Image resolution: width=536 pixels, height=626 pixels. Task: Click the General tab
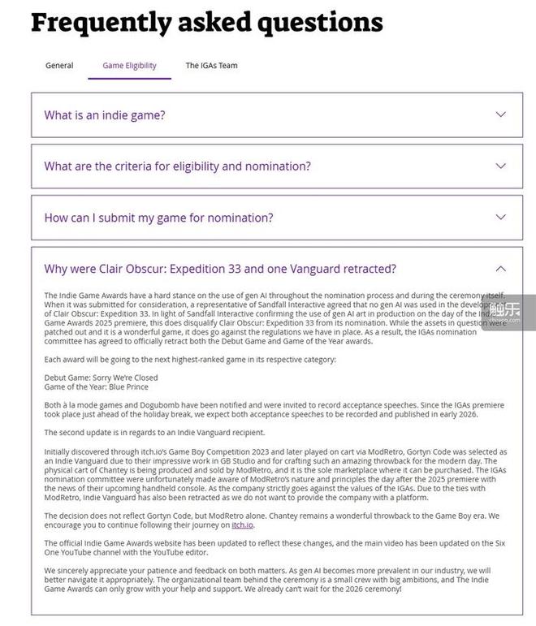[59, 66]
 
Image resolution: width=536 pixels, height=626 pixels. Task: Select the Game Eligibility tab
[130, 66]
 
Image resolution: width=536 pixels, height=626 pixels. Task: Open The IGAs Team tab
[211, 66]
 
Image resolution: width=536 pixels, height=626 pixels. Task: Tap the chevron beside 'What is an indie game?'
[500, 114]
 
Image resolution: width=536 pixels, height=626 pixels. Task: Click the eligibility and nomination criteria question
[177, 166]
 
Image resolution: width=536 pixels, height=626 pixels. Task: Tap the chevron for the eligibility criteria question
[500, 166]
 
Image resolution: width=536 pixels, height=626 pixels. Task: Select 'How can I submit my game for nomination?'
[158, 218]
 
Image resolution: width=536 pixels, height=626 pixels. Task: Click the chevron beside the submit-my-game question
[500, 217]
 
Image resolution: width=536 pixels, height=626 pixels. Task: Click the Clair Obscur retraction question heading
[220, 269]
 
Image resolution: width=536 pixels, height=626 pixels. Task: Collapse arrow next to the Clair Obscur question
[500, 268]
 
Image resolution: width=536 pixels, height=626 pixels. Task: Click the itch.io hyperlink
[243, 525]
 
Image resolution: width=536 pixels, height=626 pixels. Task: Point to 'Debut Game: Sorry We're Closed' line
[102, 378]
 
